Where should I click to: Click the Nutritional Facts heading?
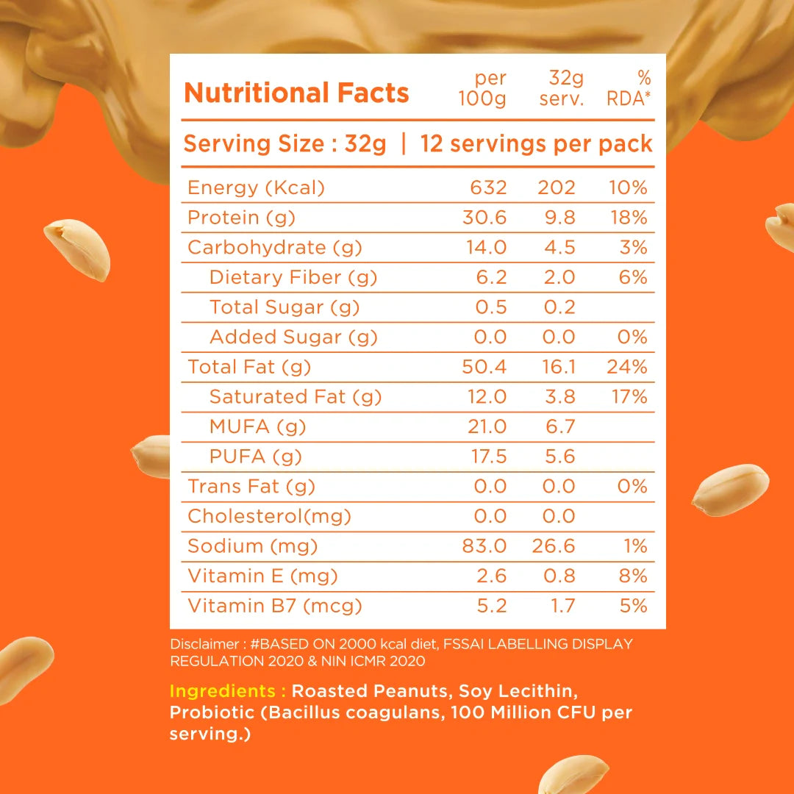[296, 93]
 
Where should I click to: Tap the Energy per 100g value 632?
[488, 188]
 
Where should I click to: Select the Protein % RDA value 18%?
[629, 218]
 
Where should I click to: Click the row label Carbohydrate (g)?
[274, 248]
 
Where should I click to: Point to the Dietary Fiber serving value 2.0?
[559, 278]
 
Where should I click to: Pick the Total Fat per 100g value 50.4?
[484, 368]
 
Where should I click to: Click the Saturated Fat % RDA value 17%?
[629, 398]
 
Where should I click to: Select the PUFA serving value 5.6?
[560, 457]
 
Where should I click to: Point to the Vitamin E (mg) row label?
[262, 576]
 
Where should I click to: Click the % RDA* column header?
[630, 88]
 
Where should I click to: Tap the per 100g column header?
[482, 88]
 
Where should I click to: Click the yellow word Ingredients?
[228, 692]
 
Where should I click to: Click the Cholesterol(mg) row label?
[269, 517]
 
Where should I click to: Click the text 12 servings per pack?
[536, 144]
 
